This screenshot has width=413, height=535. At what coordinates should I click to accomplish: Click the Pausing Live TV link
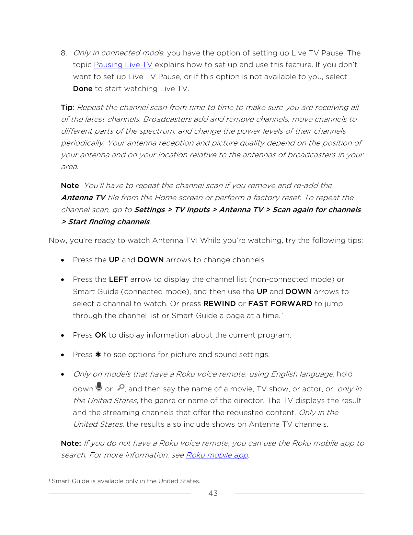pos(123,65)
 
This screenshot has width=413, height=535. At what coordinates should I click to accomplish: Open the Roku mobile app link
pos(217,455)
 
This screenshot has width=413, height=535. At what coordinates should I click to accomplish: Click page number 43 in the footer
pos(213,493)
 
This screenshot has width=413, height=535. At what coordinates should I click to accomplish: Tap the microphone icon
pos(99,386)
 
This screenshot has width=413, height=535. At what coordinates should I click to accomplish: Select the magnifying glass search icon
pos(121,387)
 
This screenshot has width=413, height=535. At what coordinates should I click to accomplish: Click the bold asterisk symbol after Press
pos(98,355)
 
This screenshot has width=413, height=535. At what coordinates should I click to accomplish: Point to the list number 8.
pos(64,53)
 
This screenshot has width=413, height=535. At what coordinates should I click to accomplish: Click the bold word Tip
pos(67,108)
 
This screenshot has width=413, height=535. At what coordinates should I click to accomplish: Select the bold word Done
pos(83,89)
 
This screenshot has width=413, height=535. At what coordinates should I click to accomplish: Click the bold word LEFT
pos(118,279)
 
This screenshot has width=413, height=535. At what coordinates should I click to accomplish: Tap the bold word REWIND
pos(219,304)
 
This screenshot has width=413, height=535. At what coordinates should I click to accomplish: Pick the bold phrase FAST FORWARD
pos(280,304)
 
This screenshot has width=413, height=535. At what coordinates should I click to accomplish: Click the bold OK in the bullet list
pos(101,335)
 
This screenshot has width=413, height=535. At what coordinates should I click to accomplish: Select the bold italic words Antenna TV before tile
pos(83,198)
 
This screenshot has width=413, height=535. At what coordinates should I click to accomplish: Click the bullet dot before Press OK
pos(63,336)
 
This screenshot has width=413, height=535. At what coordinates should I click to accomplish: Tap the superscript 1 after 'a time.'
pos(283,314)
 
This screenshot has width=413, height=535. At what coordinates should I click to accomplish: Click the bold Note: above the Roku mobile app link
pos(71,443)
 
